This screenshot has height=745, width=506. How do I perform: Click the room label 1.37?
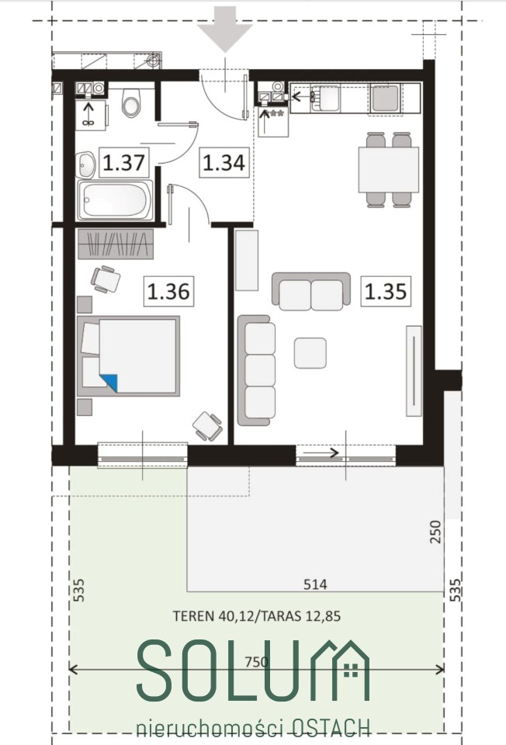click(123, 162)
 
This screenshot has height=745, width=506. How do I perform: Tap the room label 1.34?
click(224, 162)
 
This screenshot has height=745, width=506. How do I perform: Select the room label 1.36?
click(168, 291)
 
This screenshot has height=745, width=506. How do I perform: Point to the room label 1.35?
click(385, 291)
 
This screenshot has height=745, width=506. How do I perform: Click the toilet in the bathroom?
click(131, 102)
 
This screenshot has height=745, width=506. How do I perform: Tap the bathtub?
click(115, 200)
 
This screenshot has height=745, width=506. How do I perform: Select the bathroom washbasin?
click(85, 165)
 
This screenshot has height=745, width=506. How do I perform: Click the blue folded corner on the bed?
click(109, 383)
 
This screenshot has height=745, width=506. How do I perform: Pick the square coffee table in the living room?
click(310, 353)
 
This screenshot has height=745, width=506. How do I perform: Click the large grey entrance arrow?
click(225, 29)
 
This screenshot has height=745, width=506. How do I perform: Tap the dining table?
click(389, 170)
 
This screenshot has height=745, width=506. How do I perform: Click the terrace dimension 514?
click(316, 584)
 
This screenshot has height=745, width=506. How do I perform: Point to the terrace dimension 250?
click(435, 532)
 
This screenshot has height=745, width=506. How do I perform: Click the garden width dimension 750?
click(257, 661)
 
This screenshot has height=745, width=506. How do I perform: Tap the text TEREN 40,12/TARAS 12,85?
click(257, 616)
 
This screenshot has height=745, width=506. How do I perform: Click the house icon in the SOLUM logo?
click(351, 670)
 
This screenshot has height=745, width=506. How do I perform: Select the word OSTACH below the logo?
click(331, 728)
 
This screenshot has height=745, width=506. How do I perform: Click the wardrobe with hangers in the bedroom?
click(116, 244)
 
